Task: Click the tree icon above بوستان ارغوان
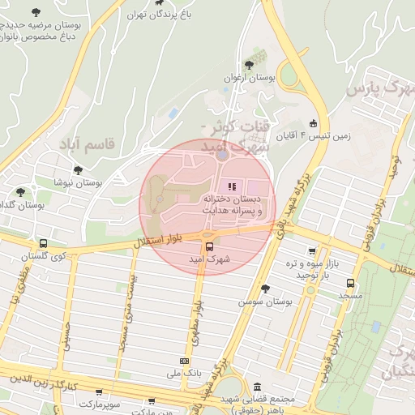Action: point(249,65)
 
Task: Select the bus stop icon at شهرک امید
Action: point(209,247)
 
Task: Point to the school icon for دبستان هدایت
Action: point(234,187)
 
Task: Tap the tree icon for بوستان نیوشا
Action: point(77,170)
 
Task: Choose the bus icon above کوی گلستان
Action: point(42,243)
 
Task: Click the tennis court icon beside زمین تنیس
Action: point(314,124)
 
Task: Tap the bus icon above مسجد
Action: point(350,284)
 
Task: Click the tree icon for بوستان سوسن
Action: point(265,288)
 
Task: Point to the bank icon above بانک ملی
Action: point(184,361)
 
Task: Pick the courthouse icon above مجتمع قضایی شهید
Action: point(258,387)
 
